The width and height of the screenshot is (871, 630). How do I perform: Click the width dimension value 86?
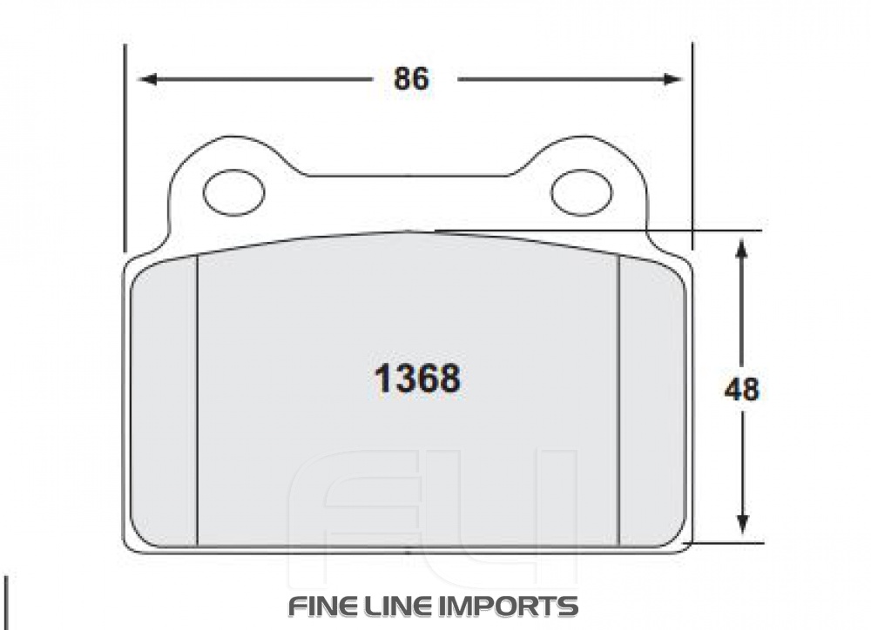(411, 79)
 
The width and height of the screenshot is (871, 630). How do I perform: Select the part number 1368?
(417, 379)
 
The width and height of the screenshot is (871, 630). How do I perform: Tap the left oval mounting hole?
(233, 191)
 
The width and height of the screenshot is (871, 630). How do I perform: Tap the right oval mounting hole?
(583, 191)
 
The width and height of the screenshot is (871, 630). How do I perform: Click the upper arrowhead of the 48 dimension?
(741, 249)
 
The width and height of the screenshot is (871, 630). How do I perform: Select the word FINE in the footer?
(326, 606)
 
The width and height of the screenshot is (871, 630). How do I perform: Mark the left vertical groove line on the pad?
(198, 400)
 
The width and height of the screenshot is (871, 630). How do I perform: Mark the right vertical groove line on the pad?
(618, 400)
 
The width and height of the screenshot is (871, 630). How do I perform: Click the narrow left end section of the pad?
(165, 400)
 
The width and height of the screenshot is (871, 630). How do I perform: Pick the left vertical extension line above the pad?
(125, 148)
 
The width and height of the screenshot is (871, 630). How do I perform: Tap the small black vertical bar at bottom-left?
(8, 600)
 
